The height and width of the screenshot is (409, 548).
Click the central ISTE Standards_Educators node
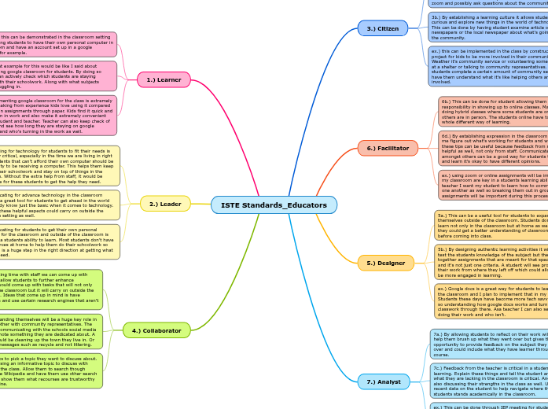coord(274,205)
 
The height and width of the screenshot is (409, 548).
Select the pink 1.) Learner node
coord(164,79)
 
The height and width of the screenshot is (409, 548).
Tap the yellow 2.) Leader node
coord(165,204)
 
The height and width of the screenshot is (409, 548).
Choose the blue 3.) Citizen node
coord(382,28)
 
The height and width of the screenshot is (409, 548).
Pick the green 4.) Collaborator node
coord(156,330)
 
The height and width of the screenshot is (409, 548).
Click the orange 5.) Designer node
coord(385,263)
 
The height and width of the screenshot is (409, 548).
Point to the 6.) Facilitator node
coord(388,148)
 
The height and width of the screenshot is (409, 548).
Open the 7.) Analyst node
coord(384,381)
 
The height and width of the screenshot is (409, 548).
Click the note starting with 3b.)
coord(487,26)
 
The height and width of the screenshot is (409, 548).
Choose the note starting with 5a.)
coord(491,224)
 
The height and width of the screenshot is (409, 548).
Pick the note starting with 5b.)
coord(491,262)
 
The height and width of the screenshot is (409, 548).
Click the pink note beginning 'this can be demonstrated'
coord(58,44)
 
